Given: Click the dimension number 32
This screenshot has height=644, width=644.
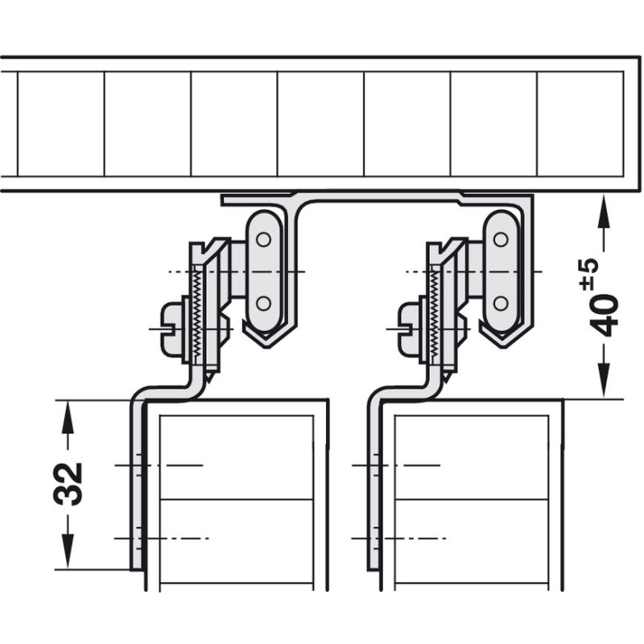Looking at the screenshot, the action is [x=68, y=485].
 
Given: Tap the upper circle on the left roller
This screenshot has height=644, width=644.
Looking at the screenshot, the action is [x=263, y=239].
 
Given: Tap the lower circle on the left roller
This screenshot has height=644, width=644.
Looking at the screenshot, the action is [x=263, y=303].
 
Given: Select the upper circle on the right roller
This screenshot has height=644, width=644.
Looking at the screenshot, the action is [x=501, y=239].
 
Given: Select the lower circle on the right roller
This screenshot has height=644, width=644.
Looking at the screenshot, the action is [x=501, y=303].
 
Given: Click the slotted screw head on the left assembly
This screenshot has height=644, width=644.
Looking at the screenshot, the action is [x=172, y=328].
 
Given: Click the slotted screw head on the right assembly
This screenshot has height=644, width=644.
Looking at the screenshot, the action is [x=410, y=328].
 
